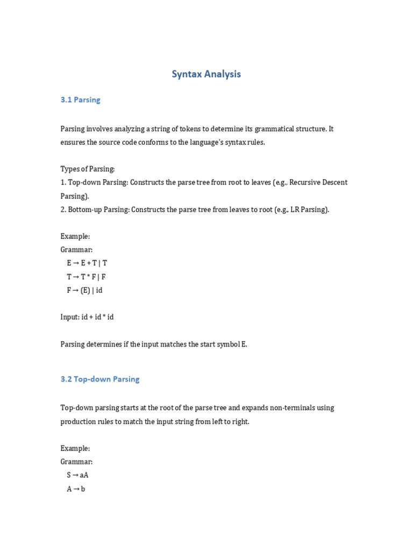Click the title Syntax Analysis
[206, 74]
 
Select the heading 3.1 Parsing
[80, 100]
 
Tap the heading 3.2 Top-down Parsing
[100, 379]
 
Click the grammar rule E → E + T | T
[87, 263]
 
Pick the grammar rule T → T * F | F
[86, 277]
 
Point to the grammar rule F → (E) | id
[84, 290]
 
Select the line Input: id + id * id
[87, 317]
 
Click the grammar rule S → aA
[77, 475]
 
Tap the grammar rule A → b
[76, 489]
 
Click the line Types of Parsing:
[88, 169]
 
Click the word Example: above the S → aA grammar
[75, 448]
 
